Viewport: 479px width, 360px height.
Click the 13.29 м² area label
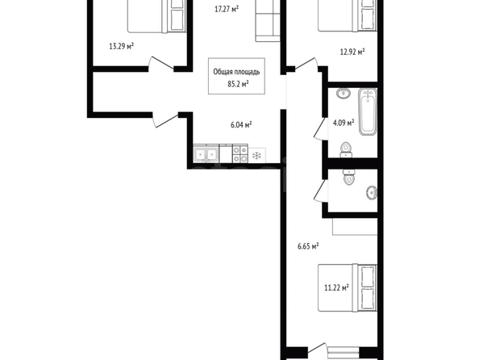pos(121,47)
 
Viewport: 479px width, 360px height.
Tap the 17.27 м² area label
pos(227,9)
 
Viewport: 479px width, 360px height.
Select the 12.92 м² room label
pos(352,52)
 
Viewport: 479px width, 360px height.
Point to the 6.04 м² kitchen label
pos(241,125)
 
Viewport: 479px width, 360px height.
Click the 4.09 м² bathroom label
pos(344,123)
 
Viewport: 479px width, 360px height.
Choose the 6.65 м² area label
pos(308,246)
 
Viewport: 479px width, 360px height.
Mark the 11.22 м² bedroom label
pos(336,288)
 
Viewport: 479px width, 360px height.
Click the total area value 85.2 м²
pos(238,84)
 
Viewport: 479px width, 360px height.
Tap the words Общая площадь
pos(236,72)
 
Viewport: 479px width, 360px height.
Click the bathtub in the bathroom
pos(368,111)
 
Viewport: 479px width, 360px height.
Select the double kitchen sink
pos(206,153)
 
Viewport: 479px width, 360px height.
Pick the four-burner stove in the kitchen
pos(240,153)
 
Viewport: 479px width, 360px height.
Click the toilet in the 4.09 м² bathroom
pos(346,150)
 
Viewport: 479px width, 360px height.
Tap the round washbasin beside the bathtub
pos(344,93)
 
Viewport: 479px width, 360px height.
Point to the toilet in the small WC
pos(348,178)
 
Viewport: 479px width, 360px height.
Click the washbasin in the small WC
pos(372,193)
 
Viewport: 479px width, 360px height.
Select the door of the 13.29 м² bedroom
pos(161,63)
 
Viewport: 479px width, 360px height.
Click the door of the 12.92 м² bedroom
pos(306,65)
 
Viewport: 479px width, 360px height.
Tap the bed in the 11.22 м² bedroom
pos(348,288)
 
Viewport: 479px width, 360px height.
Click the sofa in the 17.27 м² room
pos(268,21)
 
